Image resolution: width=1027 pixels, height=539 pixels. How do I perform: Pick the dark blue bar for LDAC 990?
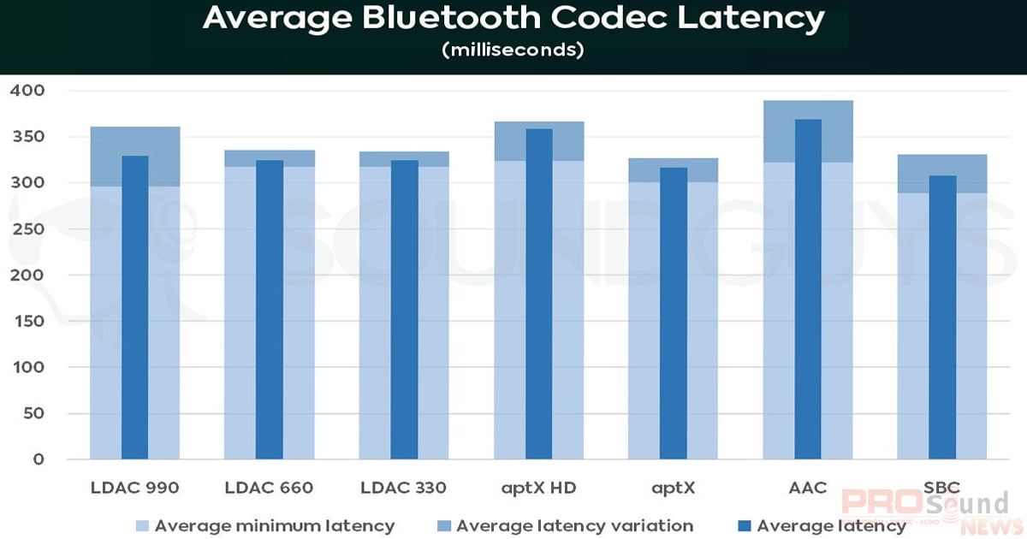pyautogui.click(x=134, y=308)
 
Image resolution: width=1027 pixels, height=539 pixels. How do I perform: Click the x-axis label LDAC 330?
pyautogui.click(x=403, y=489)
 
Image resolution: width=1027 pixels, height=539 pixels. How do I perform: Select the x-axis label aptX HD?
pyautogui.click(x=538, y=489)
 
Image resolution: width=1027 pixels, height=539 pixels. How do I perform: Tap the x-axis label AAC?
pyautogui.click(x=807, y=489)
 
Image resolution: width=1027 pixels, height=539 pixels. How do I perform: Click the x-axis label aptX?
pyautogui.click(x=673, y=489)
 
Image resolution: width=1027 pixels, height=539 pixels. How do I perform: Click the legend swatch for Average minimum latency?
pyautogui.click(x=142, y=525)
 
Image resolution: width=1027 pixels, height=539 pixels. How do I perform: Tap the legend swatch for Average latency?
pyautogui.click(x=744, y=525)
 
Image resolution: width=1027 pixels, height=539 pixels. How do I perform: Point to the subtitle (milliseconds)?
pyautogui.click(x=513, y=51)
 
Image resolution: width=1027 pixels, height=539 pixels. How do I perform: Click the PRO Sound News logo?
pyautogui.click(x=924, y=511)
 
